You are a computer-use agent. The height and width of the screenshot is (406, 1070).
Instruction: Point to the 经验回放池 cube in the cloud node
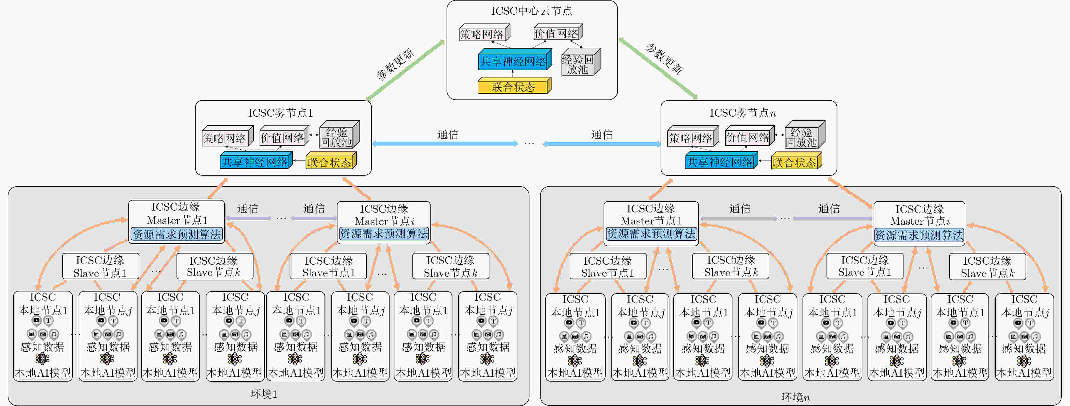580,62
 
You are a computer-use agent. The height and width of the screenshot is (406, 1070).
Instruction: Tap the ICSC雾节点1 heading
280,113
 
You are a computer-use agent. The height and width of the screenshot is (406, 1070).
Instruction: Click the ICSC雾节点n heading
743,113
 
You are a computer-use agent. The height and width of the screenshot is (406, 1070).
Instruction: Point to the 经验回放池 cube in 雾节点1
339,134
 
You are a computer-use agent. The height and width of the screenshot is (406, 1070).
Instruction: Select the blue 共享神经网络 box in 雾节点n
721,161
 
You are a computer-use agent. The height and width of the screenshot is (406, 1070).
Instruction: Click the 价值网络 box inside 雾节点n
749,136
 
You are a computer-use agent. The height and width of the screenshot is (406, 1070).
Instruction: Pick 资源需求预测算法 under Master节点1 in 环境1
177,234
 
